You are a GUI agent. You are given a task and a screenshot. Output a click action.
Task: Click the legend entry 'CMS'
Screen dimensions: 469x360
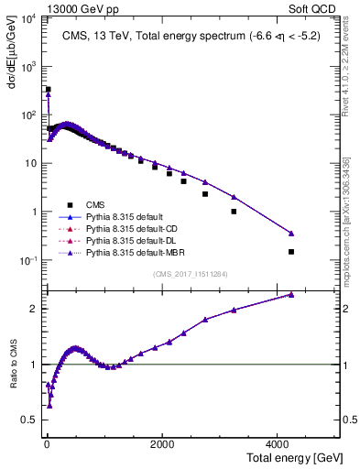click(94, 205)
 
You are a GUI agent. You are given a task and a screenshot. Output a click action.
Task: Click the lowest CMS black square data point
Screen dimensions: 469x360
click(291, 252)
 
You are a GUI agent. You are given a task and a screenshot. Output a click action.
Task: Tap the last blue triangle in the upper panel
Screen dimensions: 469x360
click(291, 234)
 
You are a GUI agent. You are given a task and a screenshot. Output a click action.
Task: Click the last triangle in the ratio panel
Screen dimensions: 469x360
click(291, 294)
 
